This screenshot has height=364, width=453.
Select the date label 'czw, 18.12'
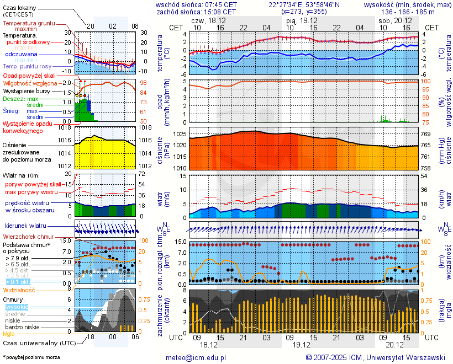point(208,20)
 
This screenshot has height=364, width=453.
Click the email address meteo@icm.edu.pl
point(196,357)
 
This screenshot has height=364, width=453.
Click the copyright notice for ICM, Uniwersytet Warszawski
point(376,357)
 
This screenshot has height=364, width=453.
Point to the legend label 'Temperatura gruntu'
point(29,24)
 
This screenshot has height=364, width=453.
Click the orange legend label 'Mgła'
point(9,334)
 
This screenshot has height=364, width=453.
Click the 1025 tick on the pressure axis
point(178,135)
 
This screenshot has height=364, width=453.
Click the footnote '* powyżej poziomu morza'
point(31,357)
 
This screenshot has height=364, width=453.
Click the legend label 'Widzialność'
point(19,290)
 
